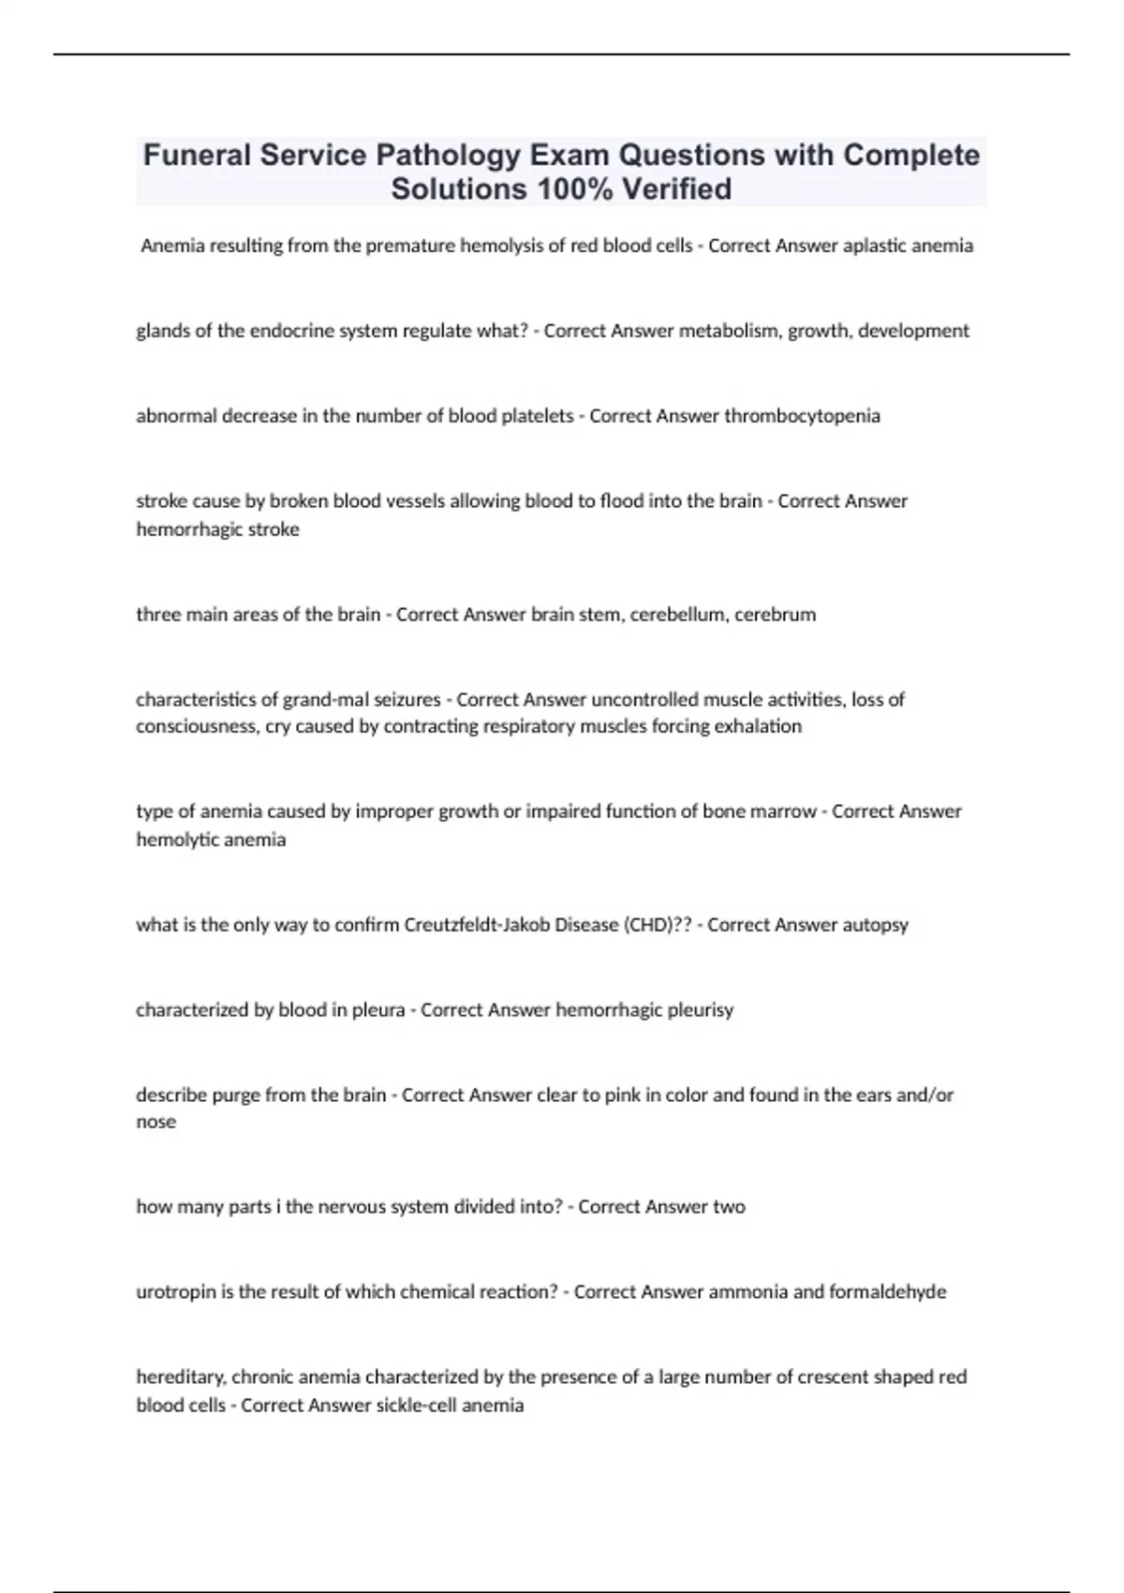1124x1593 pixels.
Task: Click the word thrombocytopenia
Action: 802,416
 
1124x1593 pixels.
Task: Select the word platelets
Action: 538,416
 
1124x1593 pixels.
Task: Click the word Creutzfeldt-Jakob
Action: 477,925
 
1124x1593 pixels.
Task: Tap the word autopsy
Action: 875,925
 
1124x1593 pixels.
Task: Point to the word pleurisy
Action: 701,1010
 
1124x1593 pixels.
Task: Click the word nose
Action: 155,1122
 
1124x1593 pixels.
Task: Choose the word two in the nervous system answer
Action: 729,1207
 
